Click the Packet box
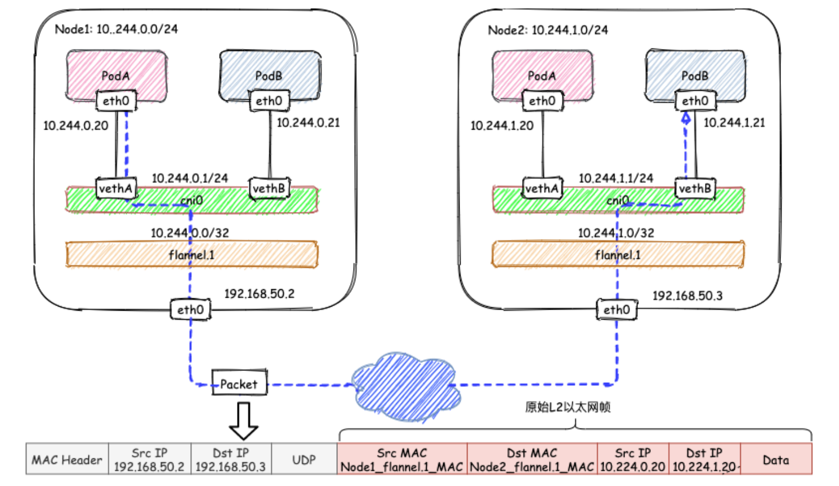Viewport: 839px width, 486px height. point(239,383)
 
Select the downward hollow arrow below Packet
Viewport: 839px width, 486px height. point(243,421)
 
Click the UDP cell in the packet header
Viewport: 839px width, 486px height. point(304,460)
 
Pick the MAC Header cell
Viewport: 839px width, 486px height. point(67,460)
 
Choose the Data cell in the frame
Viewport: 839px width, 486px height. point(776,460)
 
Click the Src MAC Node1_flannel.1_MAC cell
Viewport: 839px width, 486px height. point(402,460)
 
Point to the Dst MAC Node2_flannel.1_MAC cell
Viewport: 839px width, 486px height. point(532,460)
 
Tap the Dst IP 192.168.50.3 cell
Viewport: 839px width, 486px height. point(231,460)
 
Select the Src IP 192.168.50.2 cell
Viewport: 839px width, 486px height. point(149,460)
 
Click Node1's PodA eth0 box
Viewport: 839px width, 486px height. point(116,101)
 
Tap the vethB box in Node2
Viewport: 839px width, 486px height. point(695,188)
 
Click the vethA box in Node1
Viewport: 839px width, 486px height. point(115,188)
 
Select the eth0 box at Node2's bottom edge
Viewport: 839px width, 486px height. point(617,310)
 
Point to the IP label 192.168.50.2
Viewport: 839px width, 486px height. point(259,294)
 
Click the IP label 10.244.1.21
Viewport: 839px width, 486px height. point(734,122)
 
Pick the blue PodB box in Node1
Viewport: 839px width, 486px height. point(270,72)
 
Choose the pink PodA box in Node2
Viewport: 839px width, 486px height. point(542,72)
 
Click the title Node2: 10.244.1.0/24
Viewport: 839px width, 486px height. point(548,30)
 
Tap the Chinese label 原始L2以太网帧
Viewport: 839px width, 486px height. point(568,407)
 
